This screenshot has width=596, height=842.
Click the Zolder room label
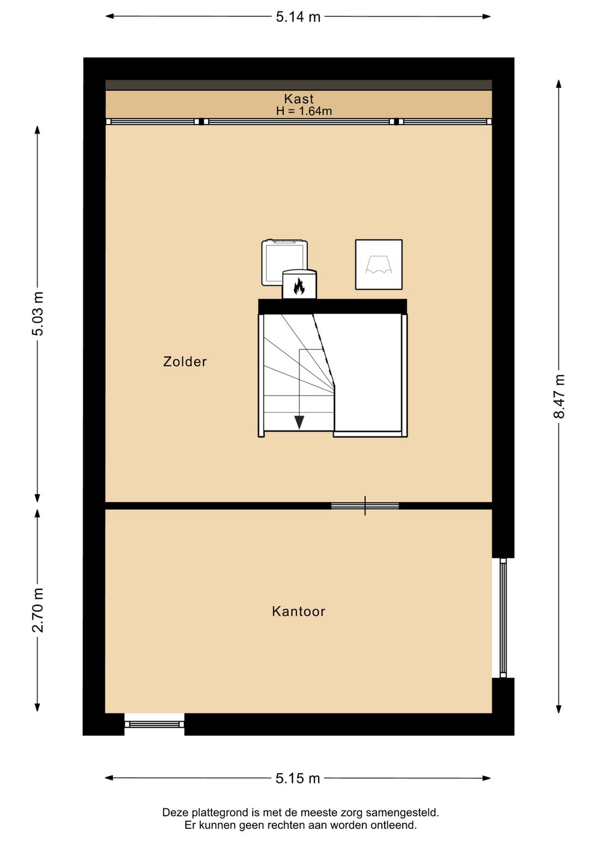pos(185,361)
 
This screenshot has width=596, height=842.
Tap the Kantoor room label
pos(299,611)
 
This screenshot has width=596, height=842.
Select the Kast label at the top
pos(299,99)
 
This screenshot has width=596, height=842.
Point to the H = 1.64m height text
pos(304,111)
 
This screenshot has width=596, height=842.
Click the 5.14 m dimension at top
pos(298,17)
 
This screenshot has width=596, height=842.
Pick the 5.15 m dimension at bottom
pos(298,779)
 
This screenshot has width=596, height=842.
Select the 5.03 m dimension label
pos(38,313)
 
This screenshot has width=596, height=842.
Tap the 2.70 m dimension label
pos(38,610)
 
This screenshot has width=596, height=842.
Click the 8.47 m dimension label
pos(559,396)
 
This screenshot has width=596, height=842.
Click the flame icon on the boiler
pos(299,286)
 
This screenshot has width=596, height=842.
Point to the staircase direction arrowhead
pos(299,423)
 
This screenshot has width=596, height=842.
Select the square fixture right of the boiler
pos(379,264)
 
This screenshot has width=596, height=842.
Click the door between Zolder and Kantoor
pos(365,505)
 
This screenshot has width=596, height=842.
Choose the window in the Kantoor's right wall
pos(503,618)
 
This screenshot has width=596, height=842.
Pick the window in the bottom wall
pos(155,724)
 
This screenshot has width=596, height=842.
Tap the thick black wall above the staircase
pos(333,306)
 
